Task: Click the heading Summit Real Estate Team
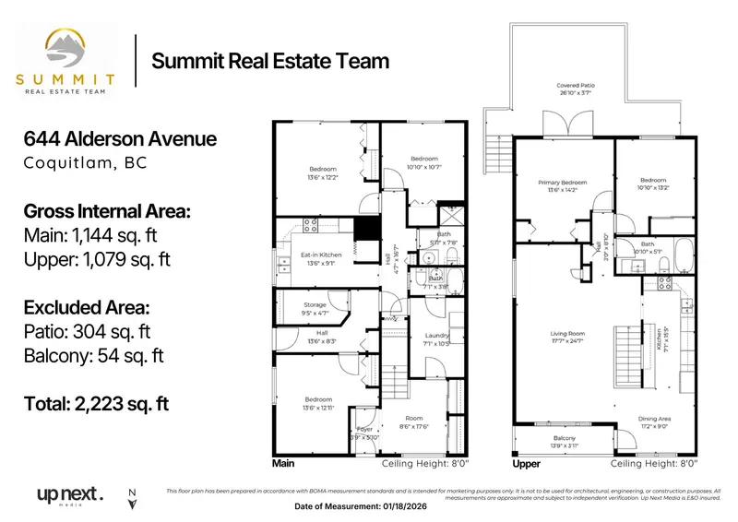coord(269,61)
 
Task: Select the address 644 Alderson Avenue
coord(120,139)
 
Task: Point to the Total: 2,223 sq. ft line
coord(96,403)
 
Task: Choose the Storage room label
coord(316,305)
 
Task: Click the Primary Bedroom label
coord(562,184)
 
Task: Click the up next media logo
coord(69,494)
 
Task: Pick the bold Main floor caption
coord(283,464)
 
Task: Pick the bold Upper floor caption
coord(526,464)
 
